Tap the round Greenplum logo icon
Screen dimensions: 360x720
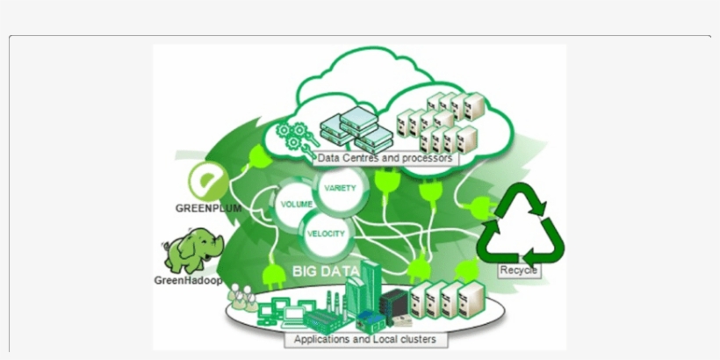208,183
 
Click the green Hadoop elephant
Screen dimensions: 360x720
191,250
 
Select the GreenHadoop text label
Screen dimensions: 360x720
188,281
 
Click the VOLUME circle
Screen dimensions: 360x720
297,204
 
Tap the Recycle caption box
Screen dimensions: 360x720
518,271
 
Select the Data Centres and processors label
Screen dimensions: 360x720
385,159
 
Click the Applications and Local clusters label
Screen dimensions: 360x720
364,339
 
